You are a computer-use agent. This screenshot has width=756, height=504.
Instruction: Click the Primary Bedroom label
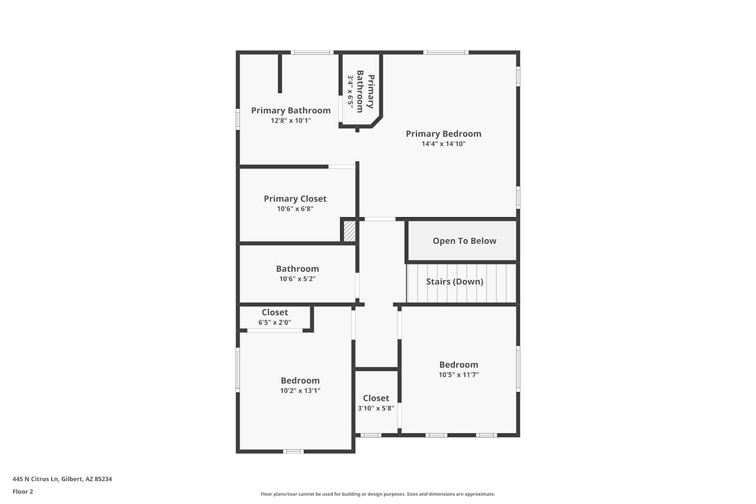[444, 134]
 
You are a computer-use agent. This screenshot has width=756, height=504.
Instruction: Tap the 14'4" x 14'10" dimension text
[444, 144]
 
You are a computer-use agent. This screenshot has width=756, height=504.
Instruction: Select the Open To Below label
[464, 241]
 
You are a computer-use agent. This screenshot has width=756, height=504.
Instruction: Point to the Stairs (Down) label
[455, 282]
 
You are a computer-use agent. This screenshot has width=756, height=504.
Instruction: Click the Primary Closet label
[295, 199]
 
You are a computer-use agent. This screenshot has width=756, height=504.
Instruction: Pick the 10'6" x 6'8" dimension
[295, 209]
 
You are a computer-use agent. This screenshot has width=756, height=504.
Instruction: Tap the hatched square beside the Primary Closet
[349, 231]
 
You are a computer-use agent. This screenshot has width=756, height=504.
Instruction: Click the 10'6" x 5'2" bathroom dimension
[297, 279]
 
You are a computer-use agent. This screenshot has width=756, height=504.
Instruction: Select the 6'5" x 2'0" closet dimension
[275, 323]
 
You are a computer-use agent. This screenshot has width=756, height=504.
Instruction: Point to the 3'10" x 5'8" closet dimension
[376, 408]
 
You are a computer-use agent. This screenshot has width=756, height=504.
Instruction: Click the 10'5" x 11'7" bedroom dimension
[459, 374]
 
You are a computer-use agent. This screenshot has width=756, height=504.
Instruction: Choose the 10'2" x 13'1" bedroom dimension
[300, 391]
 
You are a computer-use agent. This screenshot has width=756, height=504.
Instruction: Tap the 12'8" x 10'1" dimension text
[291, 120]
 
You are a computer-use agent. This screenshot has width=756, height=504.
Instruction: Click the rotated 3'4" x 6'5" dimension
[350, 92]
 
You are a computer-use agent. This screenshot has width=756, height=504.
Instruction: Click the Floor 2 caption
[23, 492]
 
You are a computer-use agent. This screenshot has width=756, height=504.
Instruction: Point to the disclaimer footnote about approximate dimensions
[377, 494]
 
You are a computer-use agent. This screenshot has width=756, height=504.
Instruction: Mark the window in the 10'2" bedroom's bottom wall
[293, 452]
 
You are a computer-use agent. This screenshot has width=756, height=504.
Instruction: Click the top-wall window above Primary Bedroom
[446, 52]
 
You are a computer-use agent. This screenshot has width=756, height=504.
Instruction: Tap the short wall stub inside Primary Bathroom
[280, 73]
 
